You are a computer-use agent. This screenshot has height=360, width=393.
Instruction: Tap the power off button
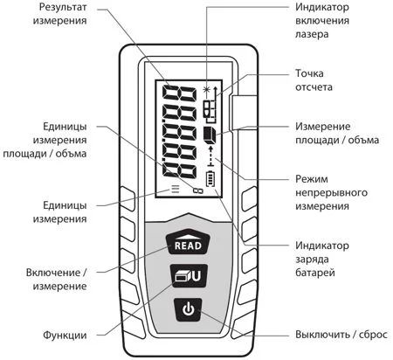coord(188,309)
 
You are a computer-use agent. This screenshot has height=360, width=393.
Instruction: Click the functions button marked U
coord(189,275)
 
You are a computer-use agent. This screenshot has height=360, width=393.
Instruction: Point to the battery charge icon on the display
coord(210,178)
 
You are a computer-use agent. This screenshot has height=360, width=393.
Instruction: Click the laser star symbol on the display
coord(206,90)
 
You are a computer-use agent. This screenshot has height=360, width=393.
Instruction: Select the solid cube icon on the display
coord(210,135)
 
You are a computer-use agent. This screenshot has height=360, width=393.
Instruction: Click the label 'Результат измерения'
coord(59,14)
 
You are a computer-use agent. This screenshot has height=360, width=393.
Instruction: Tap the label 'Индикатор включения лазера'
coord(322,20)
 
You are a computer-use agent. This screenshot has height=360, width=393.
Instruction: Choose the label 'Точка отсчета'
coord(314,80)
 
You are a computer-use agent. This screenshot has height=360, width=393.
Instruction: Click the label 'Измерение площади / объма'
coord(337,133)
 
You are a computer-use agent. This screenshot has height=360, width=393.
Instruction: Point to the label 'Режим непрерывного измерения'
coord(331,192)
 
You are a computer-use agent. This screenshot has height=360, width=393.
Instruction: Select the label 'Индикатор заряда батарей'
coord(322,259)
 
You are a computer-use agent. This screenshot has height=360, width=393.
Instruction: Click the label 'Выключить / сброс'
coord(341,335)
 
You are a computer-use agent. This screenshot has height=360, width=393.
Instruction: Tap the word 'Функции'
coord(65,335)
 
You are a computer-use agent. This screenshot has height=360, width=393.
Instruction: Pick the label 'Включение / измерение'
coord(57,280)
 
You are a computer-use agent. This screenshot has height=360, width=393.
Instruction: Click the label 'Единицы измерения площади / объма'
coord(45,140)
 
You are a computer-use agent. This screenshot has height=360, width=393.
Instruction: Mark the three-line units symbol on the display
coord(176,189)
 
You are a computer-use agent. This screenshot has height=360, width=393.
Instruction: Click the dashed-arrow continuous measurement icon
coord(211,156)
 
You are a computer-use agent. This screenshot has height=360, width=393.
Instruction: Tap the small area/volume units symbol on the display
coord(198,190)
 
